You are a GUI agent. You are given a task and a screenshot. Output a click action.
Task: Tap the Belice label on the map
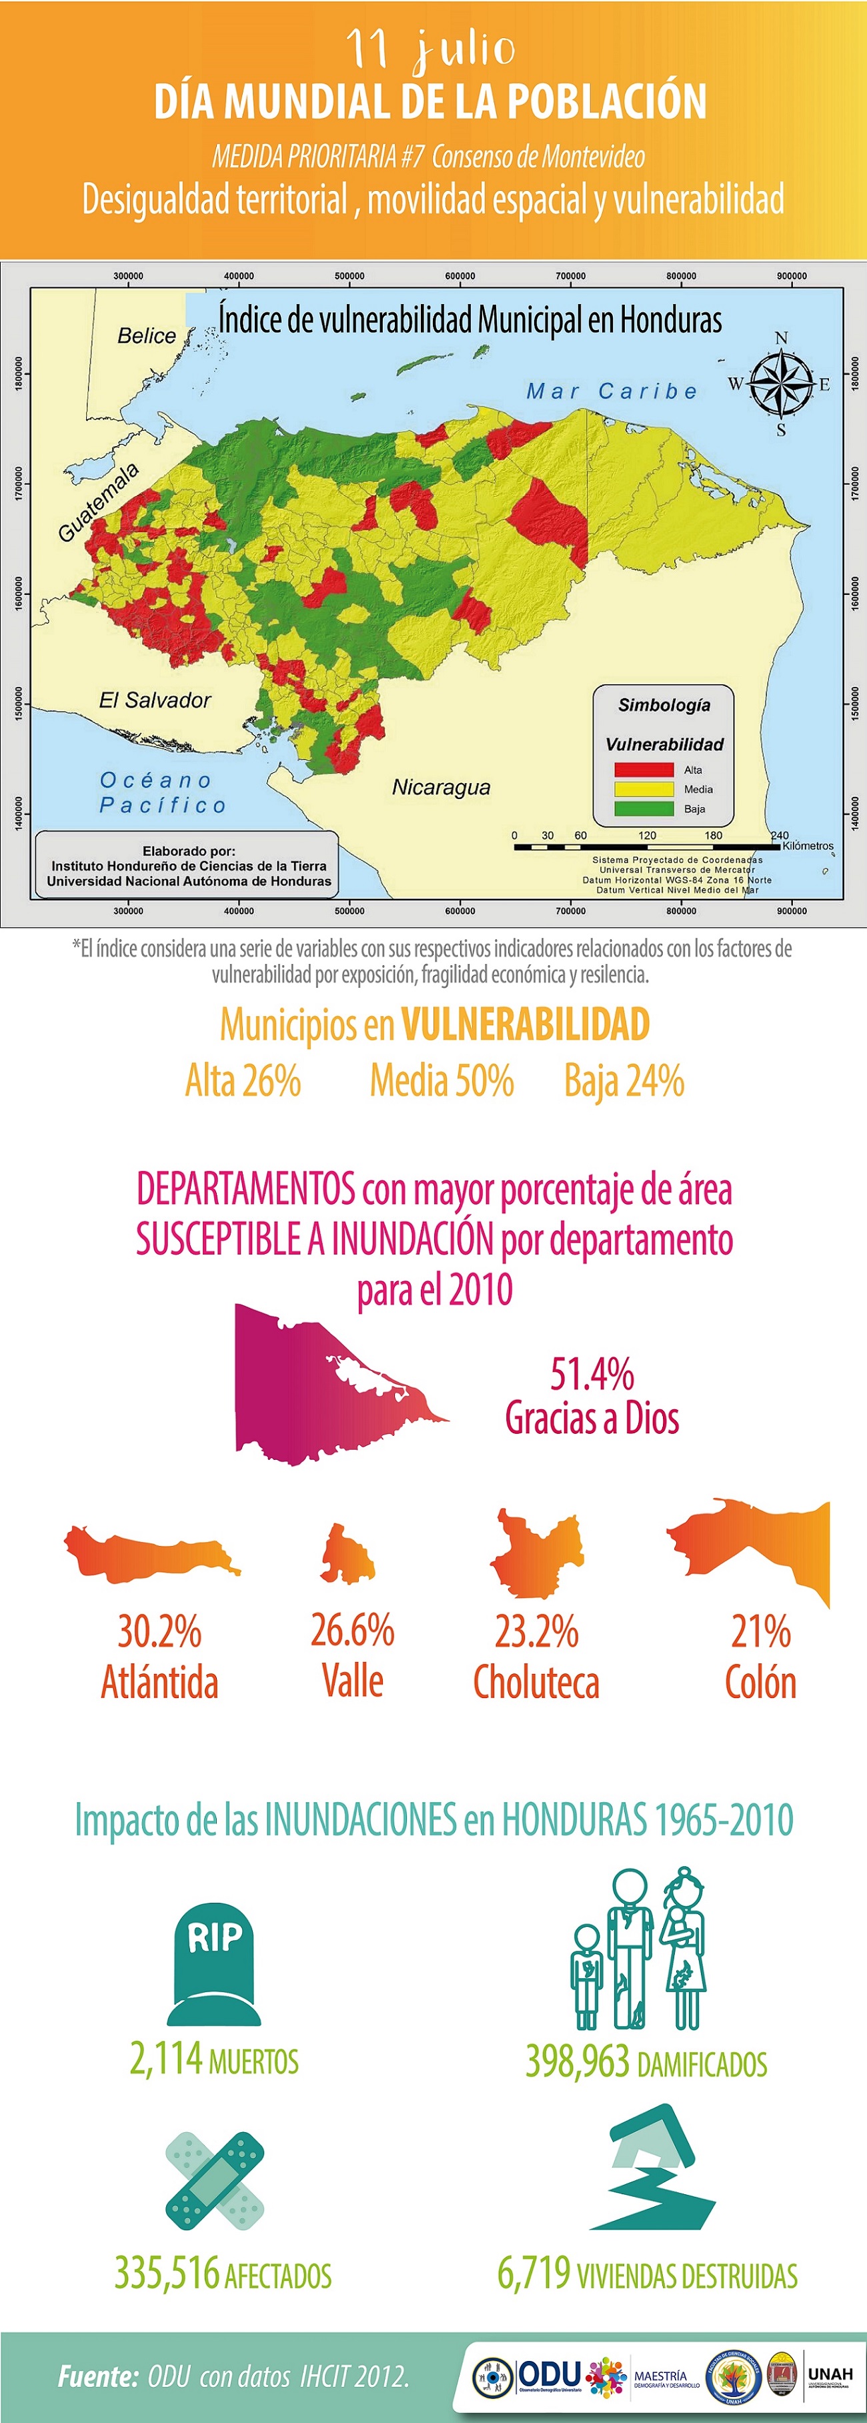point(147,335)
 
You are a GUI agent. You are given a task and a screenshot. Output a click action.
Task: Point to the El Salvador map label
point(155,700)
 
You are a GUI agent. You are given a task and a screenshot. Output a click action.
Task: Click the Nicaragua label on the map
point(441,787)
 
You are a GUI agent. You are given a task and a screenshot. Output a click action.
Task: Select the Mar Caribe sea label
point(612,391)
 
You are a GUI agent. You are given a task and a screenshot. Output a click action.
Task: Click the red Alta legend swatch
point(644,770)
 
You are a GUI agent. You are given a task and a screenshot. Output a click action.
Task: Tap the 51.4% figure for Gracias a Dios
point(592,1374)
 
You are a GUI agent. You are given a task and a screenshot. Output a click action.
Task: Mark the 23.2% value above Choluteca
point(536,1632)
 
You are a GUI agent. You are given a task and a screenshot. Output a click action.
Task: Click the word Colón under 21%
point(760,1682)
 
